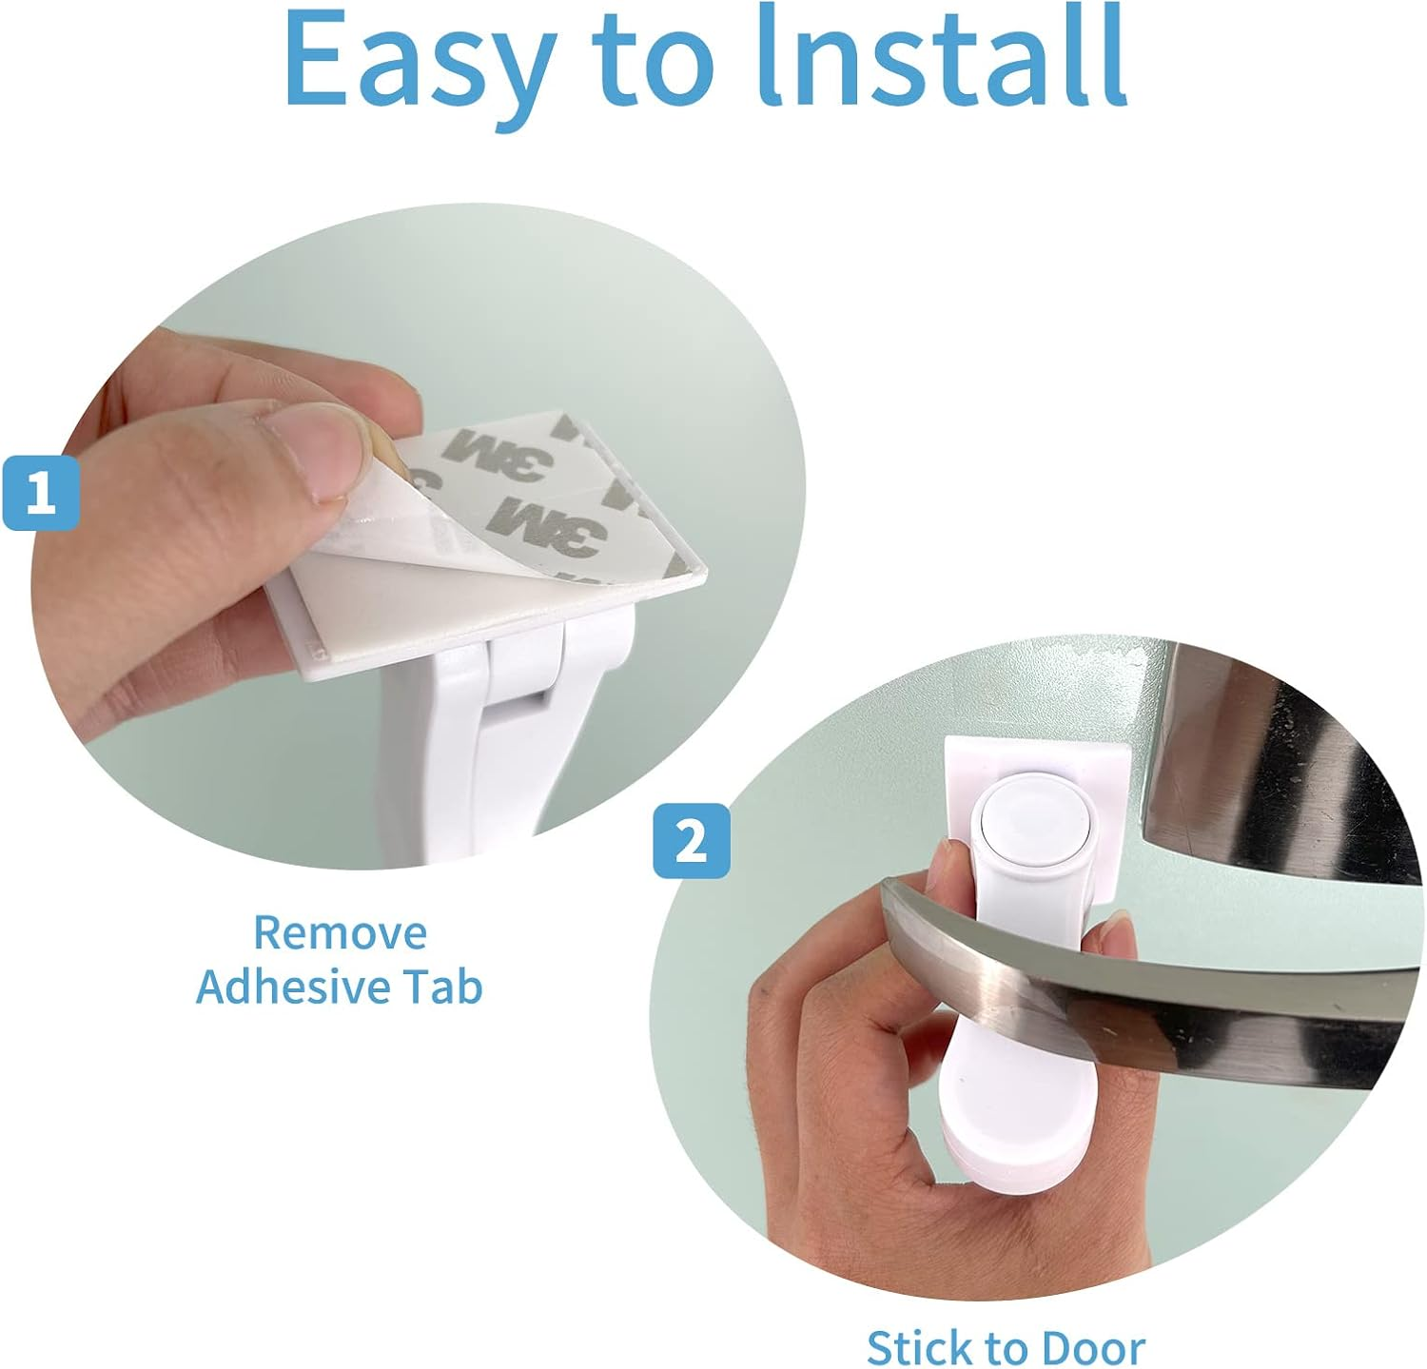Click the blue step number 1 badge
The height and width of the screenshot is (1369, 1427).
tap(40, 494)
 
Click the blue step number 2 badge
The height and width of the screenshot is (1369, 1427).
tap(692, 841)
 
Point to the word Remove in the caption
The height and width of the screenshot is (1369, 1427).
tap(340, 932)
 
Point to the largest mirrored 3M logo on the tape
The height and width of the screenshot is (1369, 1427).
tap(552, 523)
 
